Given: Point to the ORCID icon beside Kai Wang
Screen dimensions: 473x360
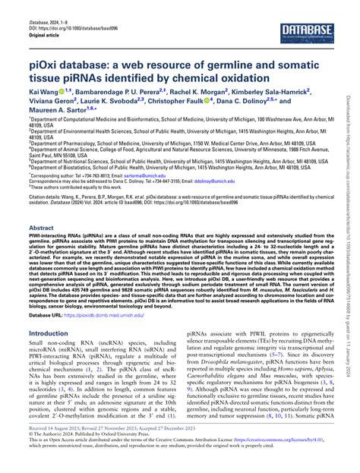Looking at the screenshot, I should (x=64, y=90).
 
